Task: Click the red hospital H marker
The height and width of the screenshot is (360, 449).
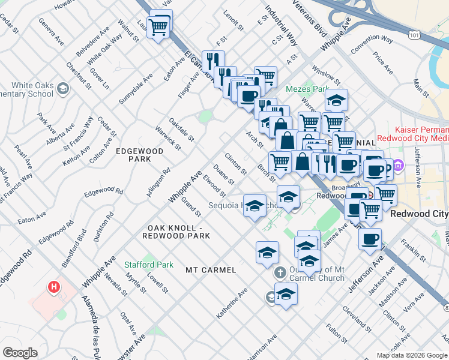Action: pos(55,287)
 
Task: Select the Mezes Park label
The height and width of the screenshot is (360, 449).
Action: pos(307,89)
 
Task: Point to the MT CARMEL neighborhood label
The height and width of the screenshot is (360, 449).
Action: pos(210,271)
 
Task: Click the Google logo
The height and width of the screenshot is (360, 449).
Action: pos(20,353)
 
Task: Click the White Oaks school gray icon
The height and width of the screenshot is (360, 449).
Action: pos(62,89)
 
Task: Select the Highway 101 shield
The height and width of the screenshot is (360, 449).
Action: pos(413,35)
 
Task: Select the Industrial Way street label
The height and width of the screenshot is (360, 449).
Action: pos(281,28)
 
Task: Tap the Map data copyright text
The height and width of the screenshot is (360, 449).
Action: pos(412,355)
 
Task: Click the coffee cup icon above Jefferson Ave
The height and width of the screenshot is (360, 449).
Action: pos(370,238)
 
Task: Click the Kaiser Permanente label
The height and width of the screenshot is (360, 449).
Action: pos(421,130)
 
